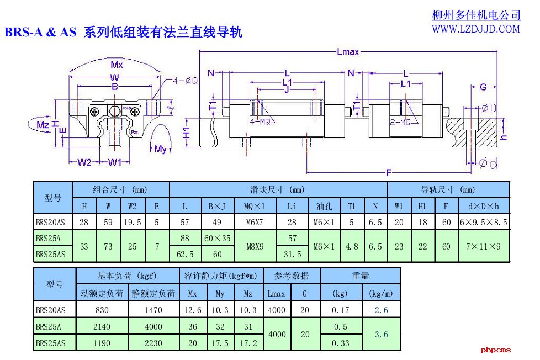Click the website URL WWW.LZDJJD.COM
475,29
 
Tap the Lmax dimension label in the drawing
348,52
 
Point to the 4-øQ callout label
186,81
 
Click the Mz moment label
43,125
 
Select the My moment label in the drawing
160,149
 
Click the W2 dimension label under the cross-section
84,162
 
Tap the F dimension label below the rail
389,172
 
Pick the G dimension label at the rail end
483,87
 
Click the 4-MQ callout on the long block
260,121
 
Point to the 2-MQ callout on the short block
400,122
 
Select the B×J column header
217,207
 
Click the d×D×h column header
484,207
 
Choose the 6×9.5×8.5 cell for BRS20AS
484,223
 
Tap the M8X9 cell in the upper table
255,247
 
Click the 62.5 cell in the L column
185,255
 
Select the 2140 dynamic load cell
102,326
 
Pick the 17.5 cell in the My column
220,343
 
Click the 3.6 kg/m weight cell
381,334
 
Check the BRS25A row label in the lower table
49,326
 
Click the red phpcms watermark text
496,350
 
